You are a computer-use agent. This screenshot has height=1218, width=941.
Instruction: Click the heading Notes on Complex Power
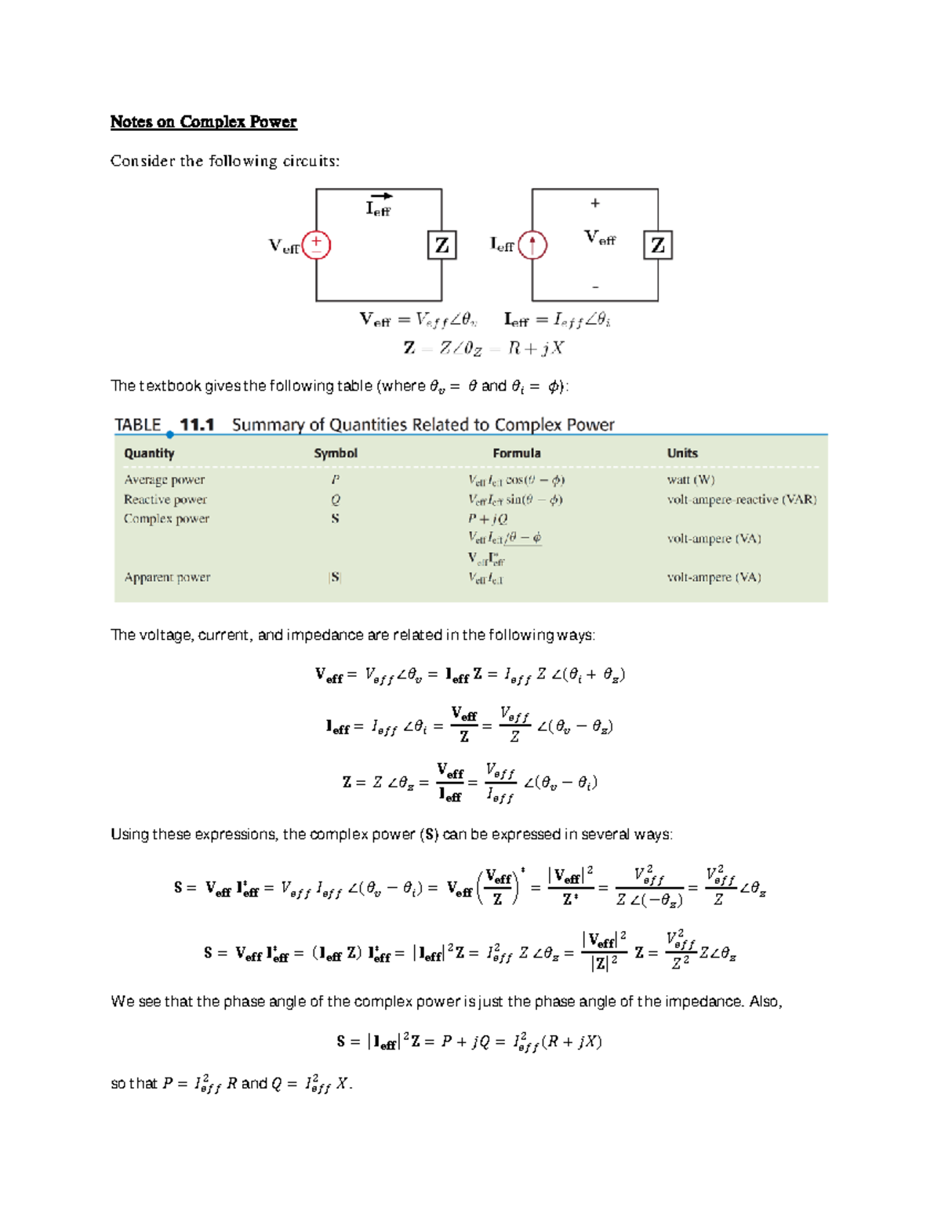[203, 122]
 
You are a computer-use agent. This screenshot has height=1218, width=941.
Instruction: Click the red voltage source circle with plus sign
[316, 245]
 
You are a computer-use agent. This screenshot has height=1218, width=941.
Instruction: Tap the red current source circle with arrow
[532, 245]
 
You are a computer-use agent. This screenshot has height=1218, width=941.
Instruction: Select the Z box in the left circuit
[441, 245]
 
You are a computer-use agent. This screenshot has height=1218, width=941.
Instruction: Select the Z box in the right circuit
[657, 245]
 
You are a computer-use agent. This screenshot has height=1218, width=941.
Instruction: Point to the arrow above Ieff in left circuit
[381, 196]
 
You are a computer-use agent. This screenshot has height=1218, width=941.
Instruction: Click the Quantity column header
[149, 453]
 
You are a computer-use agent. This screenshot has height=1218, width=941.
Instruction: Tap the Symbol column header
[336, 453]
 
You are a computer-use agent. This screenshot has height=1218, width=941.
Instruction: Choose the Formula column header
[517, 453]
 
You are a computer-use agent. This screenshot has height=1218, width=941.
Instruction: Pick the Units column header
[682, 453]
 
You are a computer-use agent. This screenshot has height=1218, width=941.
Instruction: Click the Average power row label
[164, 479]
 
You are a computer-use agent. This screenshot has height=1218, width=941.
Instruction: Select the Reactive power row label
[165, 500]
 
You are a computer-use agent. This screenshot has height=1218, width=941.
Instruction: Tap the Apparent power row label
[167, 577]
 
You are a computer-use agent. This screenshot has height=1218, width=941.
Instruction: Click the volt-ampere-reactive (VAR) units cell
[742, 500]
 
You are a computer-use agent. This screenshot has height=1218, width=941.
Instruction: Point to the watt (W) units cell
[691, 479]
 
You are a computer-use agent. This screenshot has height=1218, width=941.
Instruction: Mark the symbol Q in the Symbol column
[336, 500]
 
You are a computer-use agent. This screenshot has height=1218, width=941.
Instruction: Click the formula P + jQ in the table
[488, 518]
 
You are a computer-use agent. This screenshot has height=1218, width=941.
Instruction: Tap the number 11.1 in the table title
[197, 425]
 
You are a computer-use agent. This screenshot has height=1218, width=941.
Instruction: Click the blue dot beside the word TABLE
[170, 434]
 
